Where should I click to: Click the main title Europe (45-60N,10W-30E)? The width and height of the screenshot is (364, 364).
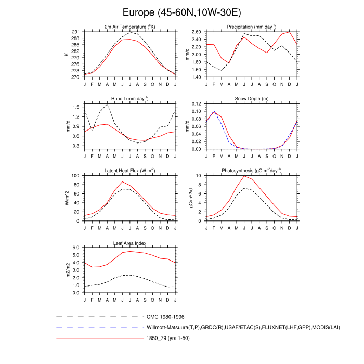click(x=182, y=11)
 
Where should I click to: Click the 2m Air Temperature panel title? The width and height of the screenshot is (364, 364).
click(x=129, y=27)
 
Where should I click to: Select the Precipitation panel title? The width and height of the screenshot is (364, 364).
click(x=252, y=27)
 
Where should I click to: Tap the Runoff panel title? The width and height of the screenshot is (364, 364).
click(x=129, y=99)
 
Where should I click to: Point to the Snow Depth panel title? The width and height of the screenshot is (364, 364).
click(x=252, y=99)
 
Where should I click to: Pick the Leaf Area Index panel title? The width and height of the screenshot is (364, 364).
click(x=129, y=243)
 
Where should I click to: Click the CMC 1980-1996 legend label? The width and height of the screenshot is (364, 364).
click(x=165, y=316)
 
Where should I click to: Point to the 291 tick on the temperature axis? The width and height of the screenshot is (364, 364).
click(x=76, y=32)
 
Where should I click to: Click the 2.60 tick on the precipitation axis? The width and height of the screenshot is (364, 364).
click(x=197, y=32)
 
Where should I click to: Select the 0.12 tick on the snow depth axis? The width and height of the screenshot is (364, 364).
click(x=197, y=104)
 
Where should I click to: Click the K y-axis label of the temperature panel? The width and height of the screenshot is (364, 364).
click(x=66, y=54)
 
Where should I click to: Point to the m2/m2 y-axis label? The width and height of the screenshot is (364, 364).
click(x=66, y=270)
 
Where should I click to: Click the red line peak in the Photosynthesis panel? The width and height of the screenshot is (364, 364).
click(x=244, y=176)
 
